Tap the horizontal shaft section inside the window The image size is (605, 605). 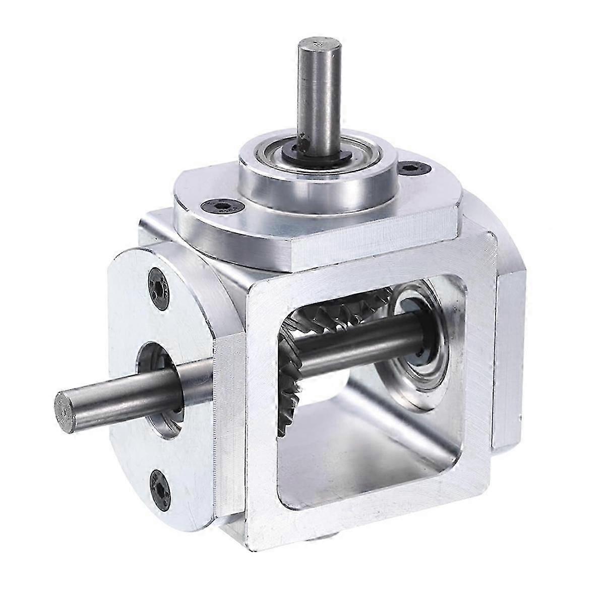coord(363,343)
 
